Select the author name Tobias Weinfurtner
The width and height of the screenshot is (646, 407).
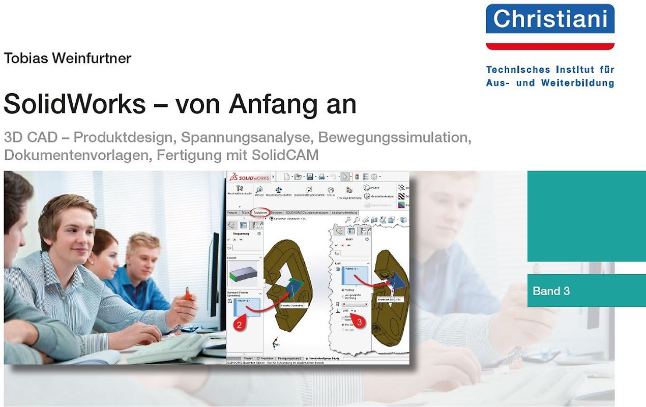pyautogui.click(x=67, y=59)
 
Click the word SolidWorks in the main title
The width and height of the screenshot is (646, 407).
pyautogui.click(x=75, y=104)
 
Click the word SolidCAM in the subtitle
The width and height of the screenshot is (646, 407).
pyautogui.click(x=288, y=155)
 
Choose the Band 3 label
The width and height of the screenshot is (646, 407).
pyautogui.click(x=551, y=291)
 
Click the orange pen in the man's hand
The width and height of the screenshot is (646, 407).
pyautogui.click(x=188, y=294)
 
